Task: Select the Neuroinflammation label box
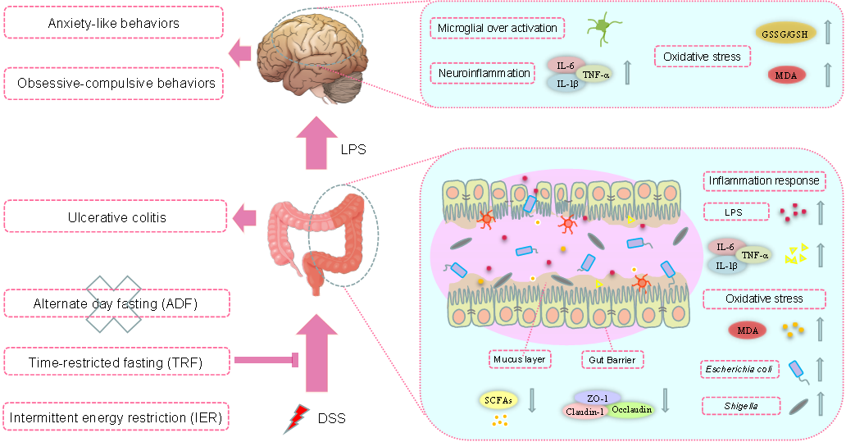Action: (x=482, y=73)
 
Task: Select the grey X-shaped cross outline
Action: (x=114, y=303)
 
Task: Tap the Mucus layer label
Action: (x=519, y=359)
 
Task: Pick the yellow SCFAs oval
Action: (x=498, y=400)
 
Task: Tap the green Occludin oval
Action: (x=630, y=408)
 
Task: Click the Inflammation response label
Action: (x=763, y=180)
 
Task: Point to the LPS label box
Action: (x=736, y=212)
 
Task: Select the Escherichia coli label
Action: (x=739, y=370)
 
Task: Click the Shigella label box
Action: (x=739, y=404)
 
